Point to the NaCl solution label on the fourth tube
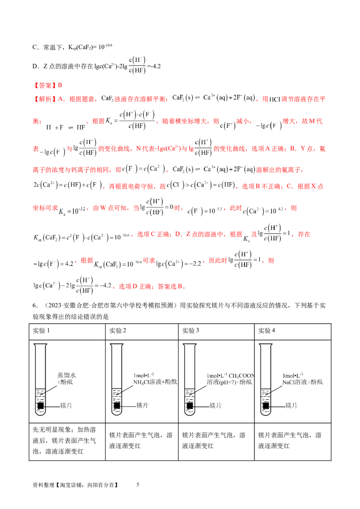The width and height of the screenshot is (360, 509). (x=302, y=379)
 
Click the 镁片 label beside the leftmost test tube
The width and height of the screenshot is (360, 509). (x=66, y=406)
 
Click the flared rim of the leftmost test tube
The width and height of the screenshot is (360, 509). (x=40, y=345)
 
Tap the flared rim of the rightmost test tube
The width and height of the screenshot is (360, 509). (x=265, y=345)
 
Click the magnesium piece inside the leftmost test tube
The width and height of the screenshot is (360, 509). (x=40, y=406)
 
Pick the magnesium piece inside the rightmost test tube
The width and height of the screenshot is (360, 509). (x=265, y=406)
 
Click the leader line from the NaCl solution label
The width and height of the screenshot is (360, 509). (x=274, y=387)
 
